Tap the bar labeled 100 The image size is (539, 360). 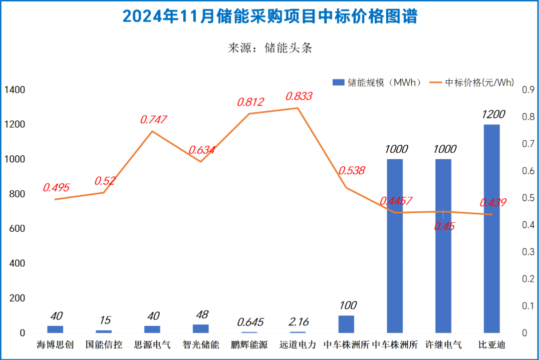tap(346, 324)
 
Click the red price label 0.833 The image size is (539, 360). tap(299, 96)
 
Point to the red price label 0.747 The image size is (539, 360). tap(153, 120)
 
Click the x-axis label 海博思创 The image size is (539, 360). tap(55, 345)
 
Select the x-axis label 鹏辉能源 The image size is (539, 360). tap(250, 345)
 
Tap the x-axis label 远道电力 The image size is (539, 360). tap(298, 345)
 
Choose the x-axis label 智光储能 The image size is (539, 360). tap(201, 345)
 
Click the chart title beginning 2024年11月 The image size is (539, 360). tap(269, 17)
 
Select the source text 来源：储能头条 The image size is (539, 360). tap(270, 48)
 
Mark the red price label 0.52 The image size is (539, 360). tap(105, 181)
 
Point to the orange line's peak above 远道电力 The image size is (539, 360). tap(297, 108)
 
